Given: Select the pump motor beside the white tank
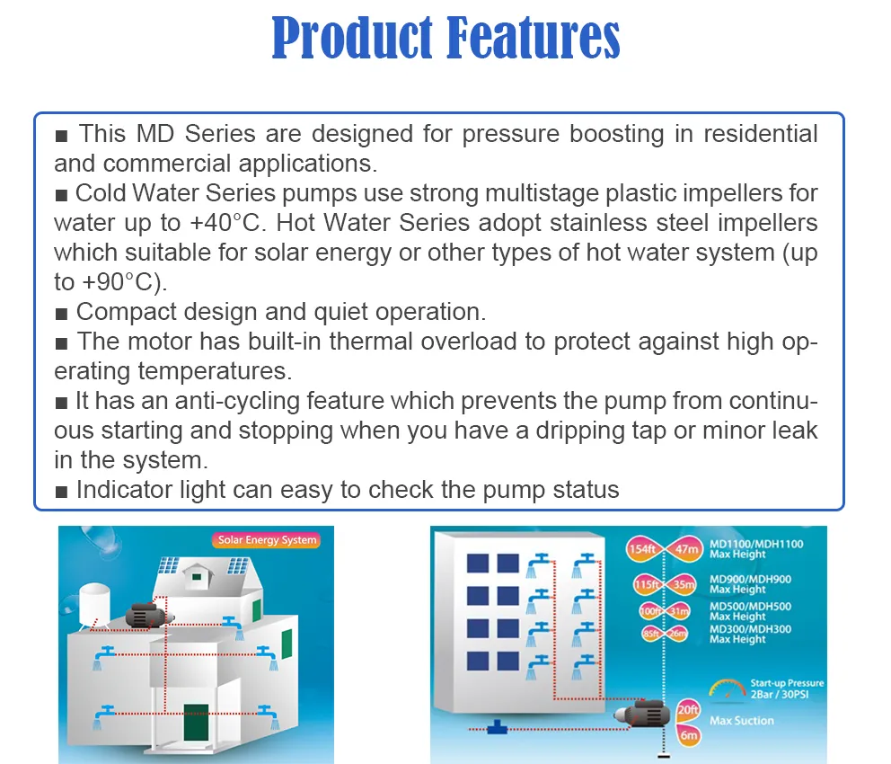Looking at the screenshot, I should [x=142, y=616].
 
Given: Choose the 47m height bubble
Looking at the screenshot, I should [x=685, y=548].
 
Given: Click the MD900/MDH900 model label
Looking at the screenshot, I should [x=750, y=579].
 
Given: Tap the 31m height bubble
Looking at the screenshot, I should [x=679, y=611].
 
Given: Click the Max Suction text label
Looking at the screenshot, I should [x=741, y=721].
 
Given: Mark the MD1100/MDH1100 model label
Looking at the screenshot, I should [x=756, y=544].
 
